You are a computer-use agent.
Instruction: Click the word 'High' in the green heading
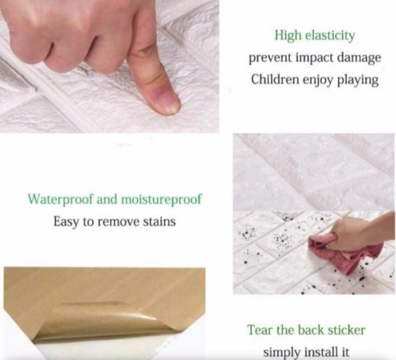[x=288, y=35]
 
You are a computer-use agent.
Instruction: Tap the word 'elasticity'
[x=330, y=35]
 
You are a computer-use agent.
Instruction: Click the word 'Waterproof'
[x=60, y=199]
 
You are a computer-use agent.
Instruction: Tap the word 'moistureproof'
[x=162, y=199]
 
